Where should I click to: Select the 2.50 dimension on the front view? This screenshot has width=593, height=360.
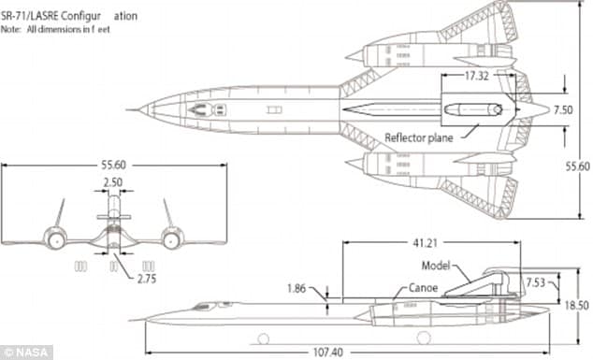pyautogui.click(x=112, y=182)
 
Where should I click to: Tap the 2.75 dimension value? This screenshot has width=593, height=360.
pyautogui.click(x=146, y=278)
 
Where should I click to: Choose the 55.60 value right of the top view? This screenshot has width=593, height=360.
pyautogui.click(x=577, y=166)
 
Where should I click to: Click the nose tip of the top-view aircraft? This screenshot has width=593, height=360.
pyautogui.click(x=140, y=109)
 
